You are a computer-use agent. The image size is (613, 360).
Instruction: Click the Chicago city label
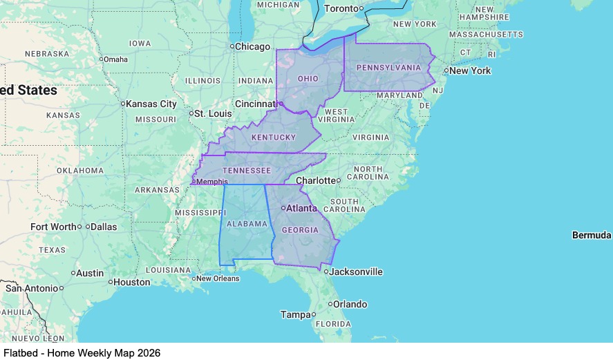[x=253, y=46]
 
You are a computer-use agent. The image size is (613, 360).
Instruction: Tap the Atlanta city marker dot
[x=283, y=207]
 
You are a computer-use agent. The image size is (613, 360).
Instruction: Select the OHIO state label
[x=308, y=79]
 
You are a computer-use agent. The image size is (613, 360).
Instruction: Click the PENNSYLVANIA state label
[x=388, y=67]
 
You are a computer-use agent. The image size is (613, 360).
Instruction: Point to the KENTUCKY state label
[x=274, y=138]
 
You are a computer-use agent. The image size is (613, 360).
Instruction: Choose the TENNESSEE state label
[x=246, y=170]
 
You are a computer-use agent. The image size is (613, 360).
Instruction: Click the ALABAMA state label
[x=247, y=223]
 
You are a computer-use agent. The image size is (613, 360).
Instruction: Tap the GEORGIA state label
[x=300, y=230]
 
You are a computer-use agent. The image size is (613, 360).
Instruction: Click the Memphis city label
[x=213, y=182]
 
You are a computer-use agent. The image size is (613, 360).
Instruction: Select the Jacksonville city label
[x=356, y=272]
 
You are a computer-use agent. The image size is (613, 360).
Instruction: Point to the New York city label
[x=470, y=70]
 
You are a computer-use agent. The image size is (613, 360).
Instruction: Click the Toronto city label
[x=341, y=8]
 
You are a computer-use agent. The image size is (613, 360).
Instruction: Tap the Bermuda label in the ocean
[x=592, y=236]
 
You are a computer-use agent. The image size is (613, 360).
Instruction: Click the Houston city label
[x=132, y=282]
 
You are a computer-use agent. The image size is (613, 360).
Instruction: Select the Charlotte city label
[x=316, y=180]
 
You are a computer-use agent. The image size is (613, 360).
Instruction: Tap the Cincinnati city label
[x=254, y=104]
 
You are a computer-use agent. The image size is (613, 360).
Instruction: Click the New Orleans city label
[x=218, y=278]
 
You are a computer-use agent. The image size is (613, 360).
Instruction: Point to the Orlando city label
[x=350, y=304]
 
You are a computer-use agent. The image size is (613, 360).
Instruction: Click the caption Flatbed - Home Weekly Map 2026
[x=82, y=352]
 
